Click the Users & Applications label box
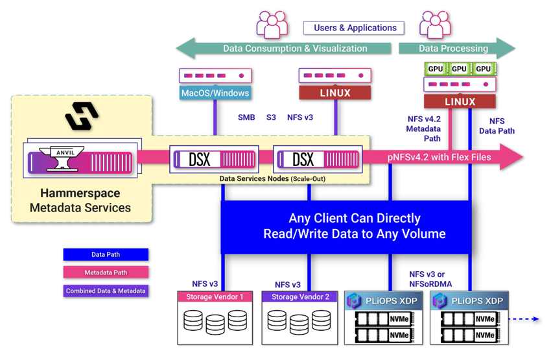click(354, 28)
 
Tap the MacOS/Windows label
click(215, 93)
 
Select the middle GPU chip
click(459, 69)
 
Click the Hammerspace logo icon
click(82, 115)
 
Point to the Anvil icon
click(62, 159)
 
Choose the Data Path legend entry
click(106, 254)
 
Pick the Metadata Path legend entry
click(106, 272)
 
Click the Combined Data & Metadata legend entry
click(106, 291)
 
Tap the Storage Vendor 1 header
click(215, 296)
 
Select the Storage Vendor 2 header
click(299, 296)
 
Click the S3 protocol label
click(271, 117)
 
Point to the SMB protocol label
click(246, 117)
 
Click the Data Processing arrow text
click(453, 49)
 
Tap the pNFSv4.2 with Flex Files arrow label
click(440, 157)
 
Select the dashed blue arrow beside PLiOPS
click(524, 319)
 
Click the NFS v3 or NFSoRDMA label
click(430, 279)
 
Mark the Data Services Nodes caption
click(272, 178)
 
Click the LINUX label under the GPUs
click(460, 102)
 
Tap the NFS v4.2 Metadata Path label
click(423, 128)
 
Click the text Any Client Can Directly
click(355, 219)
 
